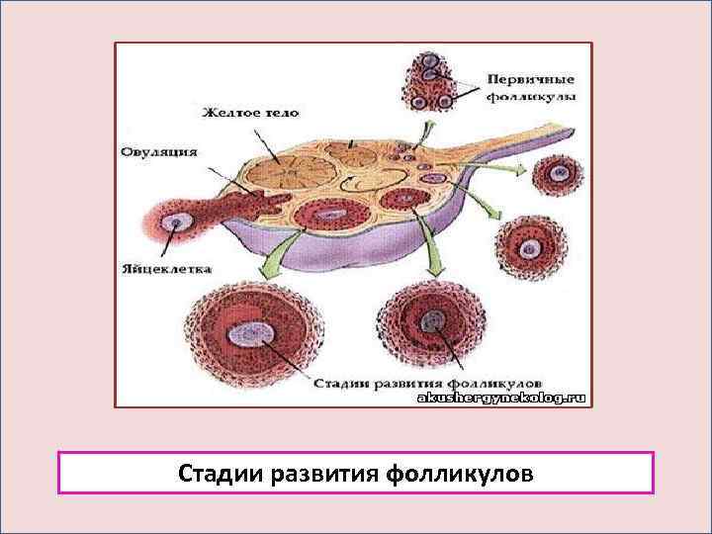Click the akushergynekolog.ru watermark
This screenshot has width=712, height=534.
click(x=503, y=398)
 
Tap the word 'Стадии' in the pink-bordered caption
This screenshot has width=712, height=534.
click(x=219, y=473)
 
